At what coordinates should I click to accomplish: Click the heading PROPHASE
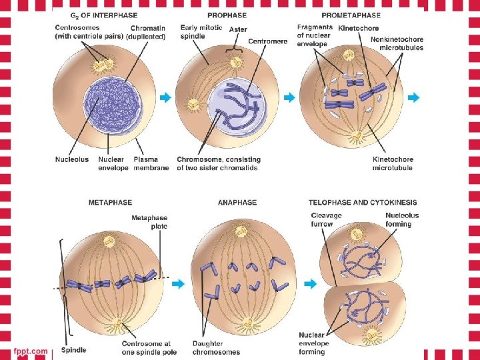click(227, 15)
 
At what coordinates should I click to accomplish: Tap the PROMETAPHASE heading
click(351, 15)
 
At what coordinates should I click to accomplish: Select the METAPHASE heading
click(110, 202)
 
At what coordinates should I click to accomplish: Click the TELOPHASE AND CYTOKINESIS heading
click(363, 202)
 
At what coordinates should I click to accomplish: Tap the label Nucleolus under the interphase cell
click(71, 159)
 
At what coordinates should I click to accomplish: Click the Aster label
click(238, 29)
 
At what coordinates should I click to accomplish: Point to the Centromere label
click(268, 41)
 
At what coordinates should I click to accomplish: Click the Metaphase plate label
click(149, 222)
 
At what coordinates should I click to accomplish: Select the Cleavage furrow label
click(326, 219)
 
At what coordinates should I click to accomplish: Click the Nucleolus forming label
click(403, 219)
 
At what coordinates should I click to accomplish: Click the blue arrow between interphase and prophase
click(165, 98)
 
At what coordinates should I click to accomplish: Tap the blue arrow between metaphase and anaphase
click(178, 284)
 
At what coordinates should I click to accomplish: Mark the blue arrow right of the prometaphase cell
click(414, 98)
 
